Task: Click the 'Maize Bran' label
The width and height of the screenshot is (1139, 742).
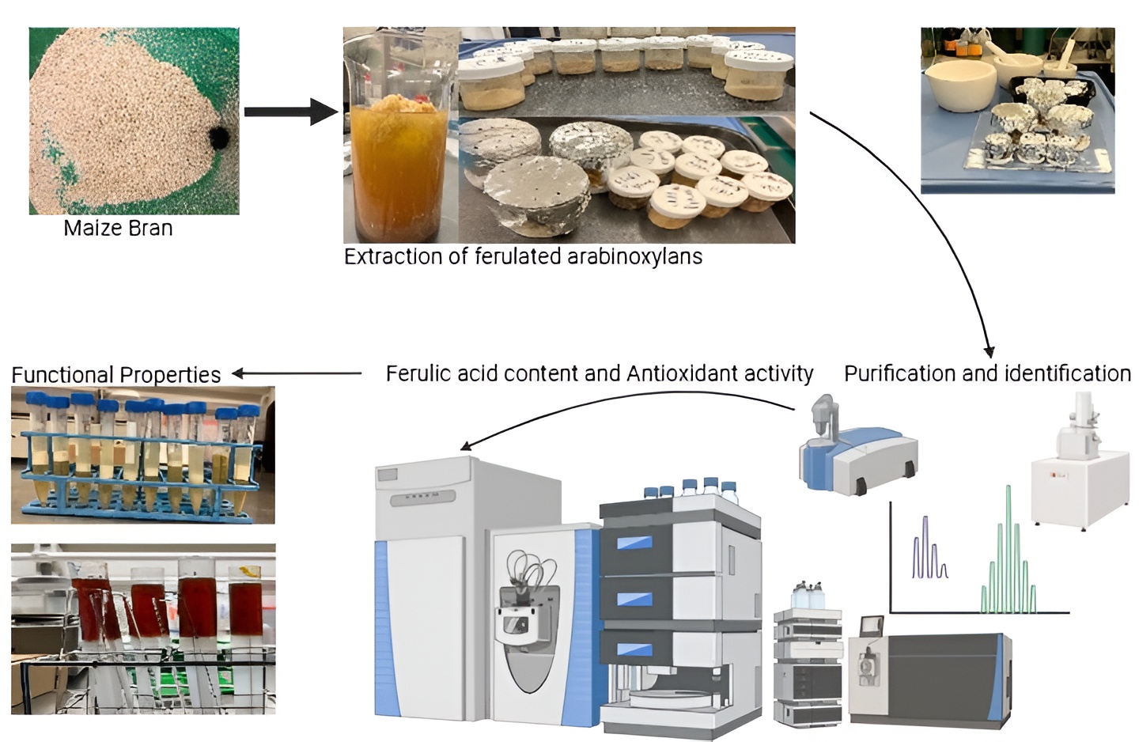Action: (x=118, y=229)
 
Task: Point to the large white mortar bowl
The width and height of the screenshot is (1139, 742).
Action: (x=959, y=87)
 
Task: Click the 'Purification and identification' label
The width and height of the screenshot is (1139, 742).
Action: (x=987, y=373)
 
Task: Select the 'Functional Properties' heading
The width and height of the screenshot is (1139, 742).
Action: (x=116, y=374)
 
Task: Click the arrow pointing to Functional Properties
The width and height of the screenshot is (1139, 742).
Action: (x=297, y=373)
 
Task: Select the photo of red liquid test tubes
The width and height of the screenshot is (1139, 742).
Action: (x=143, y=629)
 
